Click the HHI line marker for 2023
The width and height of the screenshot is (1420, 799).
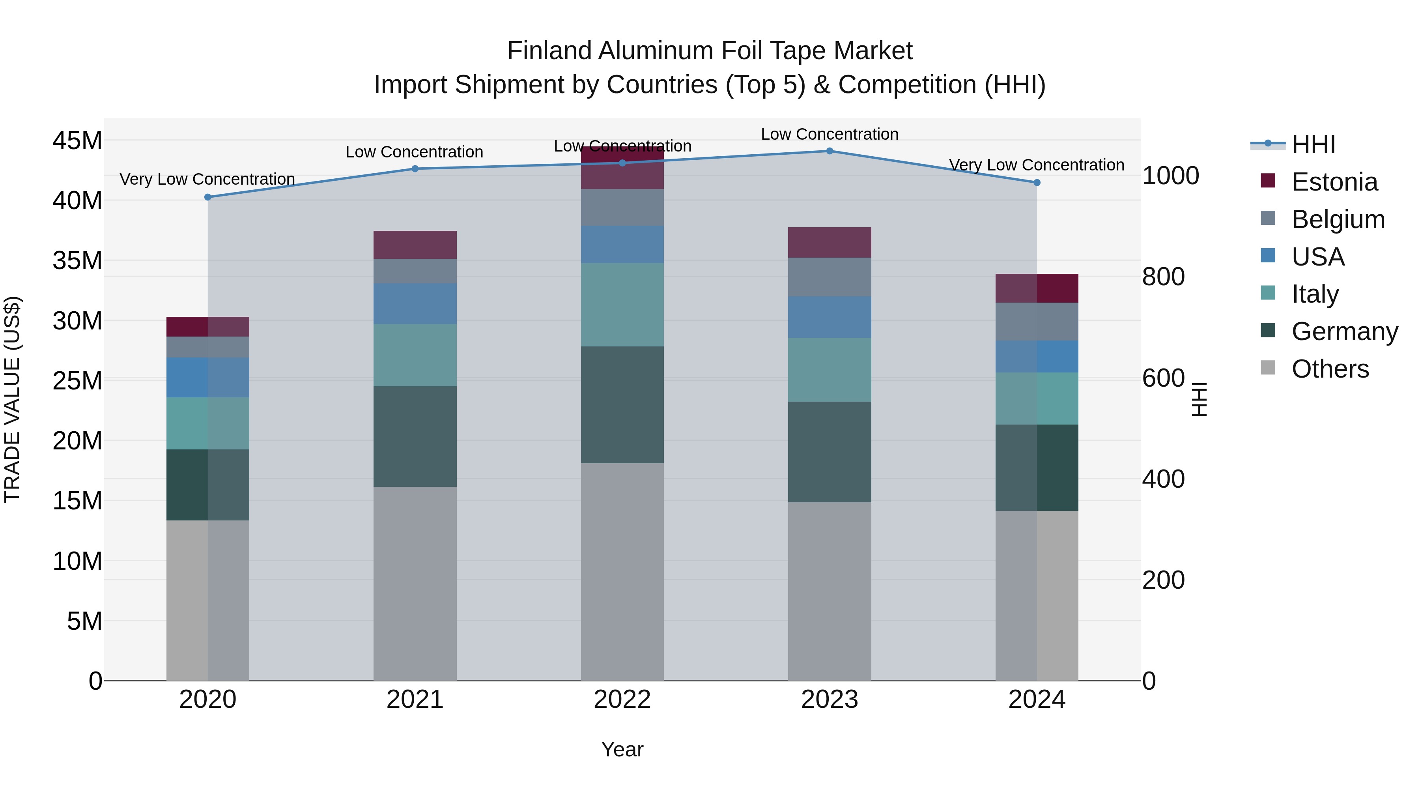coord(829,151)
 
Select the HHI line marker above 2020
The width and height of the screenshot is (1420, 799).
coord(208,197)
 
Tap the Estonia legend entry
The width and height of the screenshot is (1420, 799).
coord(1334,182)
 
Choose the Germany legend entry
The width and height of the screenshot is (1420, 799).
coord(1344,331)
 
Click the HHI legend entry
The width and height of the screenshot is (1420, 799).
coord(1313,144)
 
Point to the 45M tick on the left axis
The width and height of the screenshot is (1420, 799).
coord(77,140)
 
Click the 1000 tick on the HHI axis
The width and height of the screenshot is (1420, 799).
coord(1170,176)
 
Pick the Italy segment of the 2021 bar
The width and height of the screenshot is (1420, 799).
coord(415,355)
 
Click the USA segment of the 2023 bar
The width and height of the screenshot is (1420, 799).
coord(829,317)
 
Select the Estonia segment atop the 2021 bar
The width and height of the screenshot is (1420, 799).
coord(415,245)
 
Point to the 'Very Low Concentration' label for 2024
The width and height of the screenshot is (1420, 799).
coord(1036,165)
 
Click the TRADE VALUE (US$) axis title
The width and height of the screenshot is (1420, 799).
coord(12,399)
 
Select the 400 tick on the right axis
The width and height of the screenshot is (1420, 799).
coord(1163,479)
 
